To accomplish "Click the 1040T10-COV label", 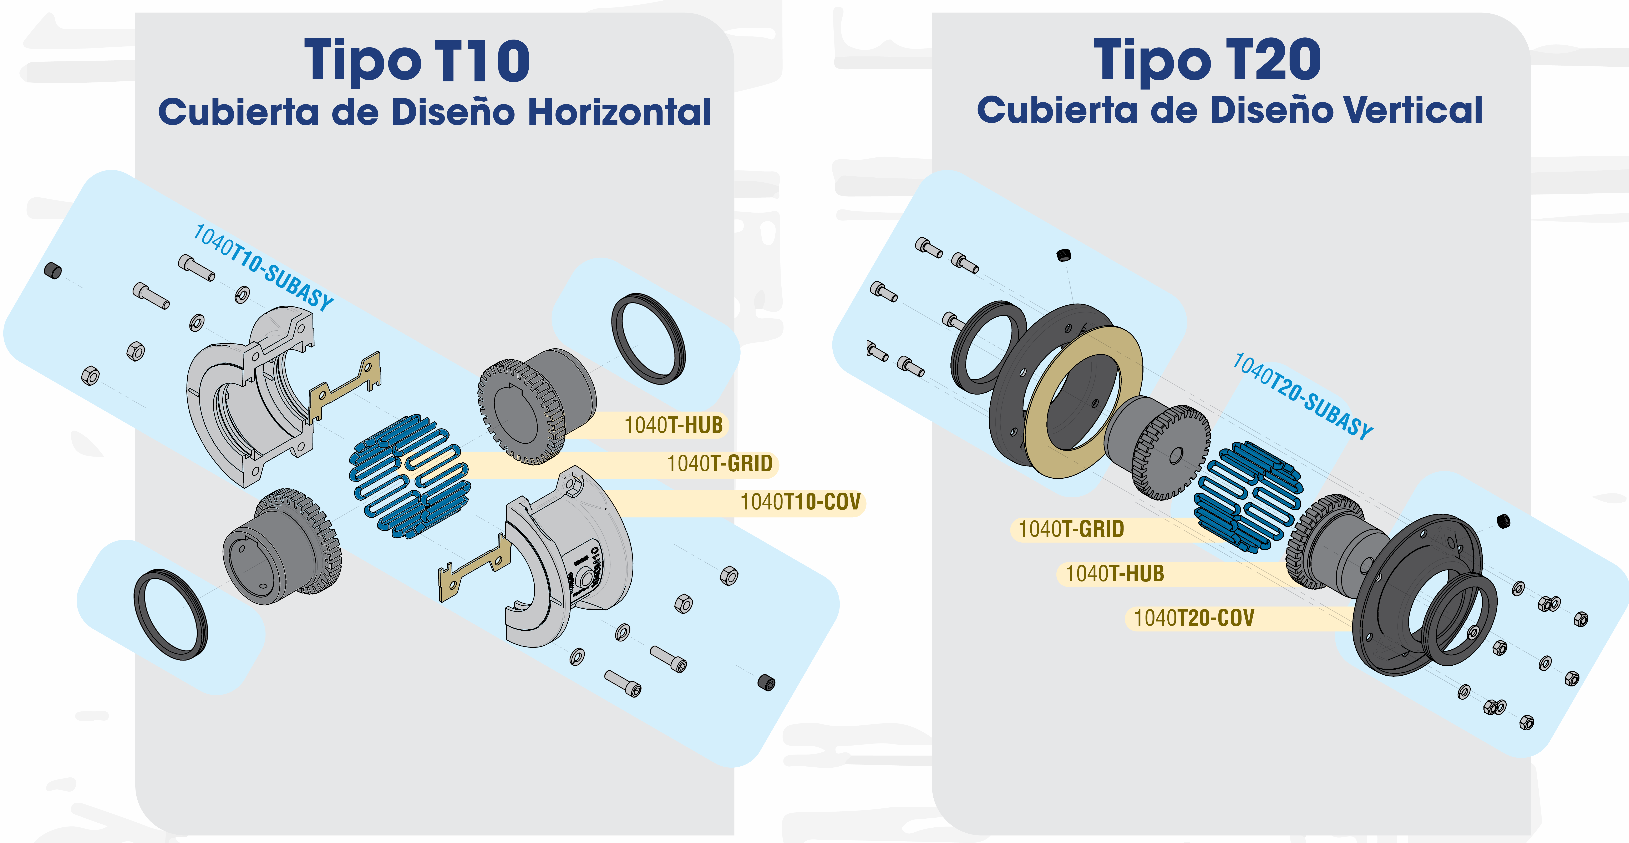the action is click(801, 502).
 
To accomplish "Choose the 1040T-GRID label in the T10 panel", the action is click(720, 463).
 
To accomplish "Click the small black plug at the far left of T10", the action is click(53, 271).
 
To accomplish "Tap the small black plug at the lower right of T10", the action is click(766, 683).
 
